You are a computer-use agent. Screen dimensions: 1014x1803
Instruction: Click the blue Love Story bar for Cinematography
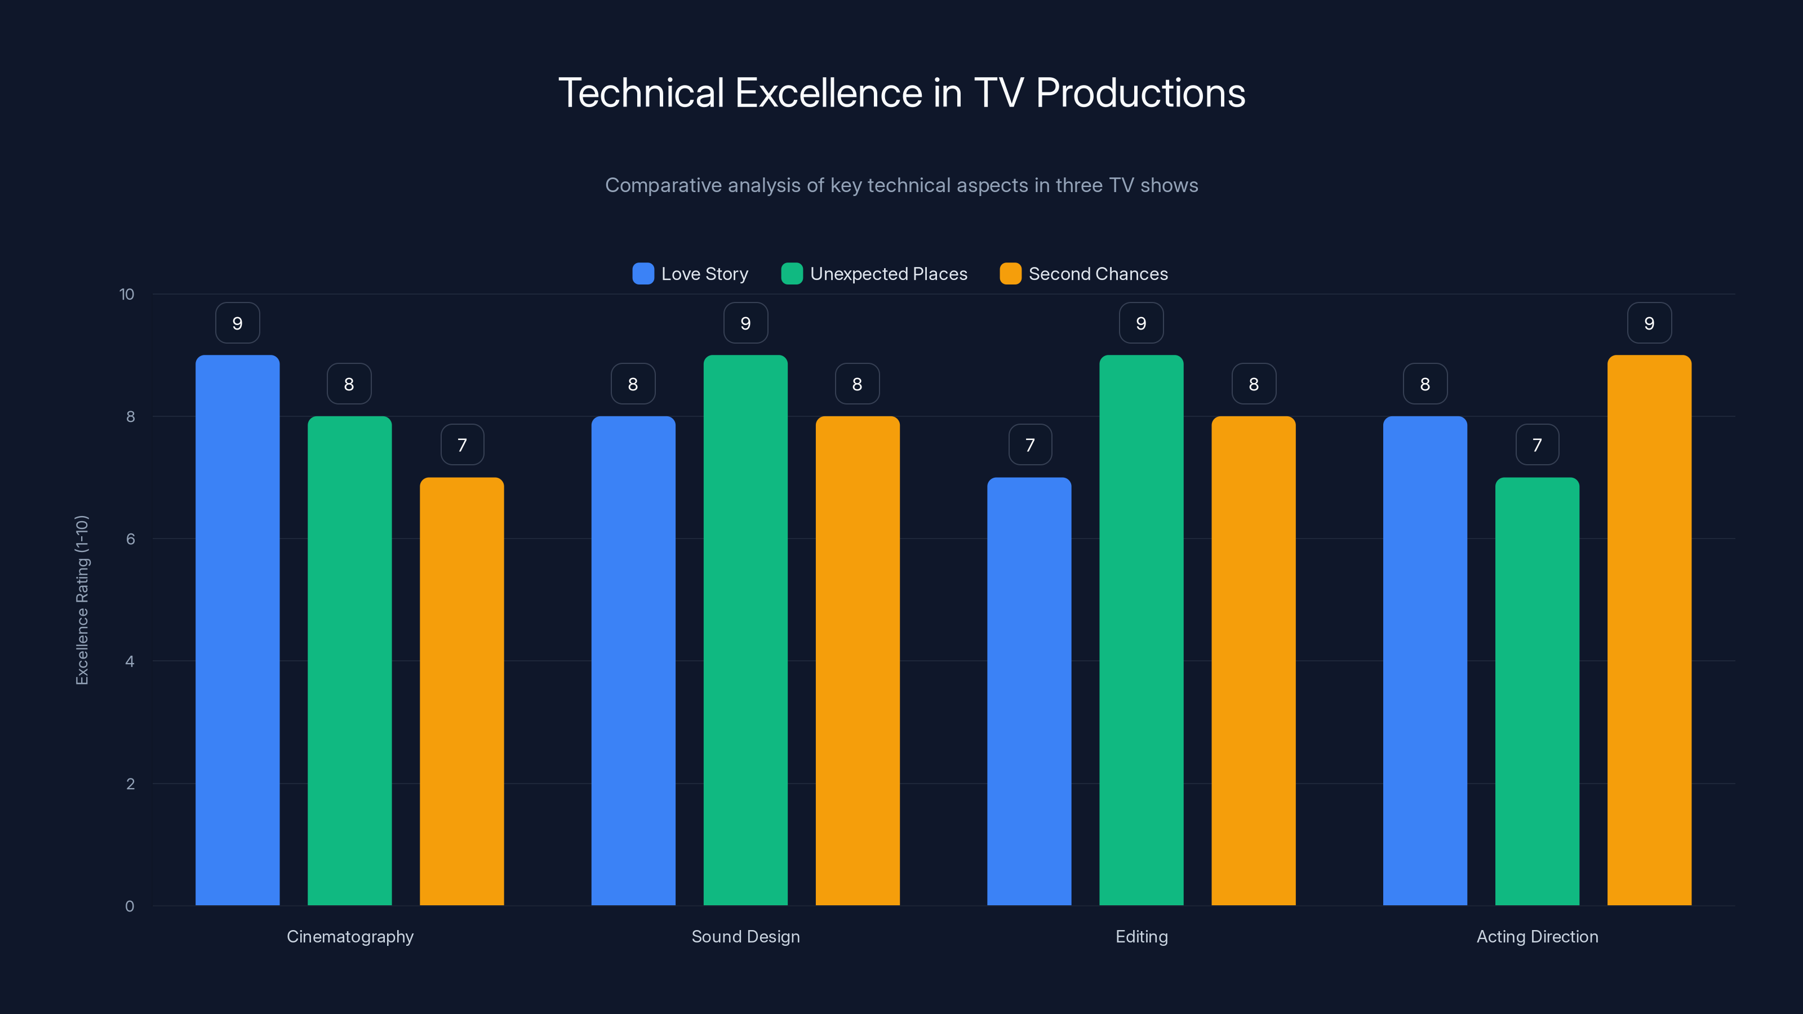point(237,630)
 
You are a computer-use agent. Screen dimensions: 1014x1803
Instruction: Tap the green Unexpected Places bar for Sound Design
point(745,630)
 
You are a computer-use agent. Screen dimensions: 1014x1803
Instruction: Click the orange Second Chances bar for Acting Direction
point(1649,630)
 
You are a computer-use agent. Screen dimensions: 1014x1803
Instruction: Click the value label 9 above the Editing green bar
point(1141,323)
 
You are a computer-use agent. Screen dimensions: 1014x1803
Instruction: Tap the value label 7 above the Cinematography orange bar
point(462,445)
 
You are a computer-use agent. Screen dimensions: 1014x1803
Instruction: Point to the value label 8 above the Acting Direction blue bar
point(1425,384)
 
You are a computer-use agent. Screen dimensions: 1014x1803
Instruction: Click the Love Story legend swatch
point(642,274)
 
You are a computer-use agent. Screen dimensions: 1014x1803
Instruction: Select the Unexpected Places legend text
point(888,274)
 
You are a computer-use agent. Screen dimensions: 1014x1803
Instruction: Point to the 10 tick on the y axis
point(127,295)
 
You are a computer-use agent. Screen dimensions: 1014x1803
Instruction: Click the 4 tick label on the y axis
point(130,661)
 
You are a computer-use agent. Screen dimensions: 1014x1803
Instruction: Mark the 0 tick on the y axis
point(130,906)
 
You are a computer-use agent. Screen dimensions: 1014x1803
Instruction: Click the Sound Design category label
point(745,936)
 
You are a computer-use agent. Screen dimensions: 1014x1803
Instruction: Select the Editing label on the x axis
point(1141,936)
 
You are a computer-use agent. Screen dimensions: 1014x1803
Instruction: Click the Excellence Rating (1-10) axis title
point(82,600)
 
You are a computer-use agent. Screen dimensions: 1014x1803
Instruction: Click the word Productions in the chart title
point(1140,93)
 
